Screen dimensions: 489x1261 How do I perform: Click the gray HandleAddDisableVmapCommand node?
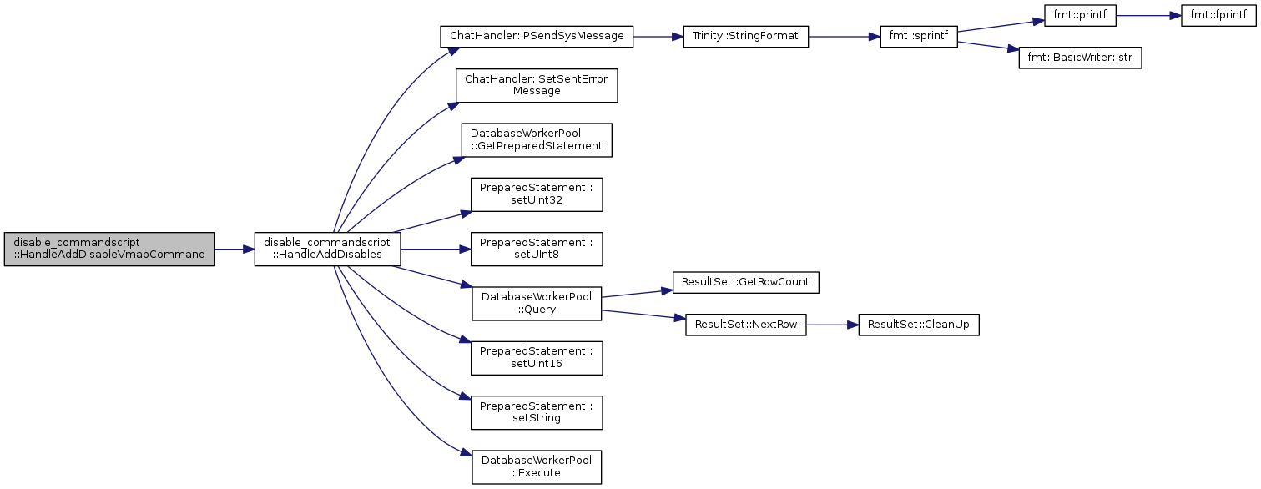coord(109,249)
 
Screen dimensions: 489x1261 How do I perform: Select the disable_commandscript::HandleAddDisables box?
coord(327,249)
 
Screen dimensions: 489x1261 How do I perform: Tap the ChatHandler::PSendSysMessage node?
coord(537,37)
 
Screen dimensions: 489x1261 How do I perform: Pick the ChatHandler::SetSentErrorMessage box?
coord(537,85)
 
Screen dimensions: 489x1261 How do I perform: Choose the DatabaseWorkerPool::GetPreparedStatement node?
coord(537,139)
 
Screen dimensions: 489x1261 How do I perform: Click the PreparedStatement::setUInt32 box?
coord(537,194)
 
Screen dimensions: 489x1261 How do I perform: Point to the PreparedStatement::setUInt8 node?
coord(537,249)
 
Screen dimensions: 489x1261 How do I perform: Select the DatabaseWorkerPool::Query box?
coord(537,303)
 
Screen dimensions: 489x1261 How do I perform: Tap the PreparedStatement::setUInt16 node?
coord(537,358)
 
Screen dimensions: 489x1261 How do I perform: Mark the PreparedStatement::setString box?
coord(537,412)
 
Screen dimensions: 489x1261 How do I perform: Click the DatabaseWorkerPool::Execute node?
coord(537,466)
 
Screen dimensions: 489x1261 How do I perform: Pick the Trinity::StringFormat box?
coord(745,37)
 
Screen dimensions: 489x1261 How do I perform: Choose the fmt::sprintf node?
coord(918,37)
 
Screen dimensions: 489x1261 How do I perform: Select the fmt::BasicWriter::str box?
coord(1080,58)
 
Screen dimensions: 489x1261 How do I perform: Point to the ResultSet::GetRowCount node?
coord(745,282)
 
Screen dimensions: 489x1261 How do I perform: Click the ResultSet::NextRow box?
coord(745,325)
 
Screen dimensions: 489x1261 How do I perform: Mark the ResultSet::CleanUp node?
coord(918,325)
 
